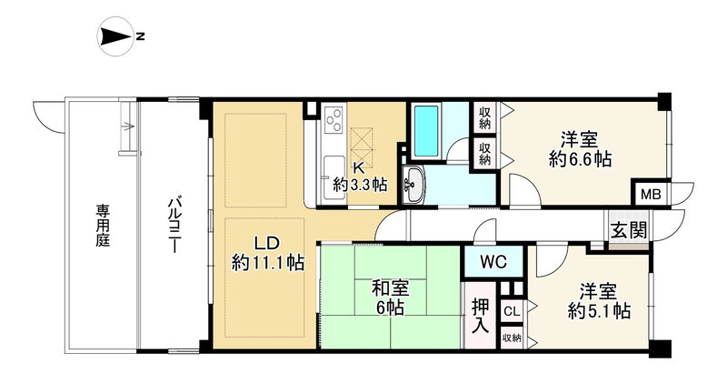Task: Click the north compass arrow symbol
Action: pyautogui.click(x=115, y=36)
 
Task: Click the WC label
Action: pyautogui.click(x=493, y=263)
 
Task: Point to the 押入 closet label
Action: pyautogui.click(x=481, y=312)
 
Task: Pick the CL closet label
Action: pyautogui.click(x=511, y=311)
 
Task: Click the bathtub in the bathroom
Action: pyautogui.click(x=424, y=129)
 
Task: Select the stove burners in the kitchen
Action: pyautogui.click(x=333, y=121)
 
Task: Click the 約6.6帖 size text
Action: pyautogui.click(x=580, y=159)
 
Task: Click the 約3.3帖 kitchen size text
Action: pyautogui.click(x=360, y=184)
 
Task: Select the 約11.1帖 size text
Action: pyautogui.click(x=268, y=264)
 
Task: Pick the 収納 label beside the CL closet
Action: pyautogui.click(x=511, y=338)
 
